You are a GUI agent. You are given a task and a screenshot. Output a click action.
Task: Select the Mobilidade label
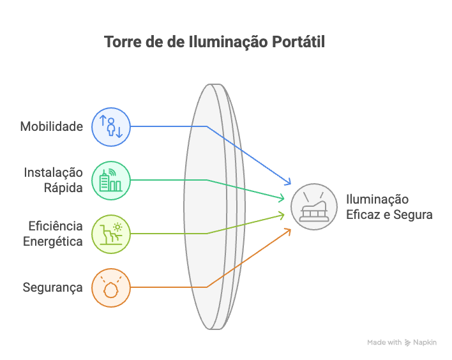[52, 126]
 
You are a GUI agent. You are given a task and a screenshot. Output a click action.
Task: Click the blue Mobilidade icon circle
[111, 126]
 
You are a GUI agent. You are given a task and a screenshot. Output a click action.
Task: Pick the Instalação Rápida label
[54, 179]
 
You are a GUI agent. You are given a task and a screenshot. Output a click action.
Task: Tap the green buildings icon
[111, 180]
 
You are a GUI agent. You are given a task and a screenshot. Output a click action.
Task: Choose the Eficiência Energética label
[56, 234]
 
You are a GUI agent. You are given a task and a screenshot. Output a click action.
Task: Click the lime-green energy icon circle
[111, 234]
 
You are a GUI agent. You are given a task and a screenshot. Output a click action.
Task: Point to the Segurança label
[52, 287]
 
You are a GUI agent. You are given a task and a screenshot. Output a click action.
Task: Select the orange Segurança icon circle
[111, 287]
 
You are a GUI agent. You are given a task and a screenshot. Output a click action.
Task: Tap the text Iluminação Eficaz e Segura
[389, 207]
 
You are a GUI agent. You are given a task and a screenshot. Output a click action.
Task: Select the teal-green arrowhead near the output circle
[282, 199]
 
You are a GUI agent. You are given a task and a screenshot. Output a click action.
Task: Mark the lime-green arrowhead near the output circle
[282, 214]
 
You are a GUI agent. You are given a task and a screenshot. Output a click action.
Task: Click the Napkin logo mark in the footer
[408, 343]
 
